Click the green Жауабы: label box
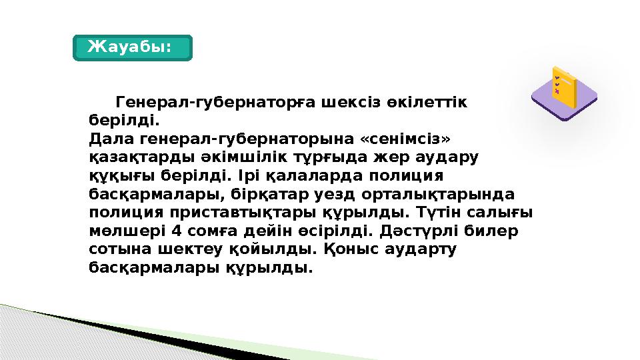pos(132,47)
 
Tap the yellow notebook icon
pos(563,87)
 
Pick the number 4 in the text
pos(175,231)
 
